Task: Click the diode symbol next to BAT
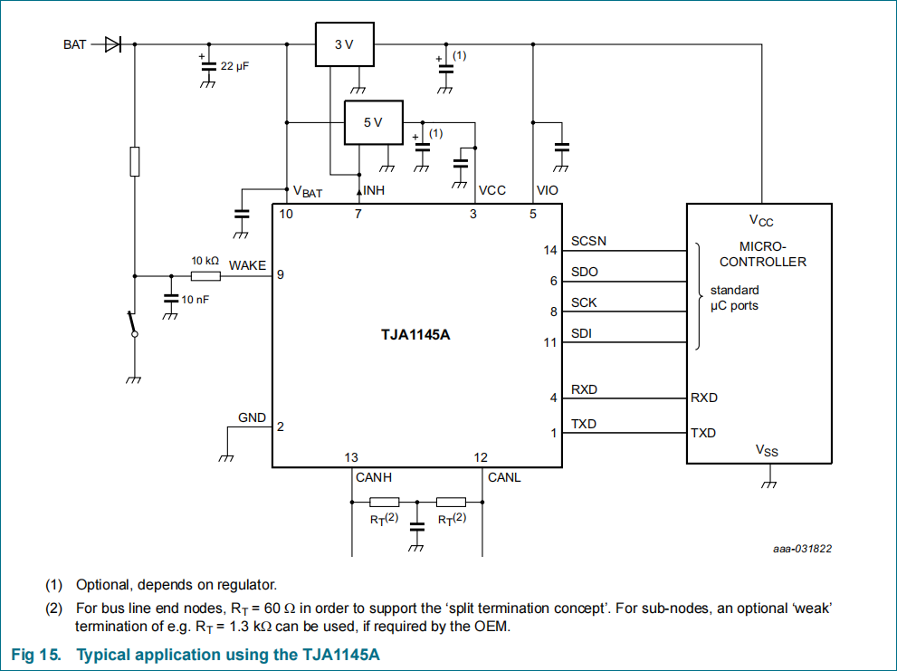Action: [x=113, y=44]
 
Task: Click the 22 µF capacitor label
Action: [x=234, y=66]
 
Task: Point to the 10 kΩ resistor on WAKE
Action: [x=205, y=276]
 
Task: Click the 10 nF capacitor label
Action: [x=196, y=300]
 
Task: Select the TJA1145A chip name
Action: [x=415, y=334]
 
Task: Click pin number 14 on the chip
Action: [x=549, y=250]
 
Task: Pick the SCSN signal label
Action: [x=588, y=241]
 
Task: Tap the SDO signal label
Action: [x=585, y=272]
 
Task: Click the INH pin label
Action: [x=374, y=190]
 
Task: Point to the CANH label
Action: [x=374, y=477]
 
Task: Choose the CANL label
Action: [x=504, y=477]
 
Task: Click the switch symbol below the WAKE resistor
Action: [x=133, y=324]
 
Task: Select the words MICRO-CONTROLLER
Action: [x=762, y=254]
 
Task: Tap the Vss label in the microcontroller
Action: [x=767, y=451]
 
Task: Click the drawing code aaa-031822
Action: [x=802, y=549]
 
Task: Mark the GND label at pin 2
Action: [x=252, y=418]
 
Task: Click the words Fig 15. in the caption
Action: [x=36, y=655]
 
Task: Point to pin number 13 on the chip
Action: [x=351, y=457]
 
